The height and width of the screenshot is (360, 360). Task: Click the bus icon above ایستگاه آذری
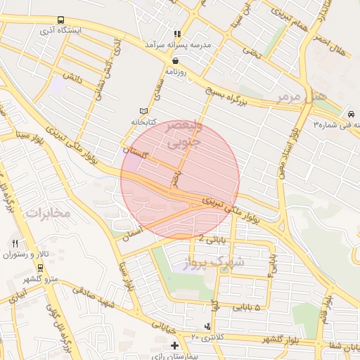[x=60, y=20]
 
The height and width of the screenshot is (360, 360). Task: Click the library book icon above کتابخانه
[x=144, y=111]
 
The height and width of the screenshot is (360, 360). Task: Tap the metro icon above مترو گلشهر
[x=40, y=268]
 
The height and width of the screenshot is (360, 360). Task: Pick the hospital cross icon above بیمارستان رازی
[x=175, y=345]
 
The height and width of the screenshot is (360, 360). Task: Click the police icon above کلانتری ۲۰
[x=207, y=327]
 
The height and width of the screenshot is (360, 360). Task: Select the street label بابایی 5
[x=246, y=308]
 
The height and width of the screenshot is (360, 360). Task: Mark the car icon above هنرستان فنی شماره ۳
[x=351, y=113]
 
